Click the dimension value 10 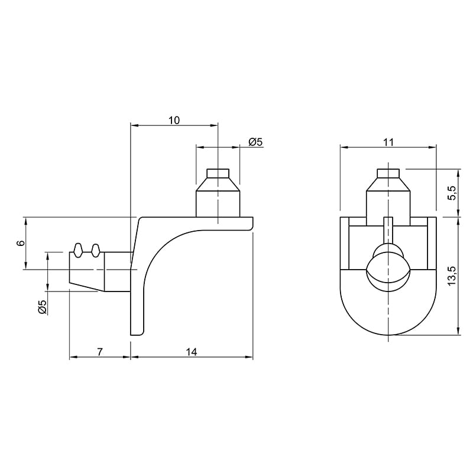[174, 121]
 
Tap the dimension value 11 [389, 142]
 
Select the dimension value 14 [192, 352]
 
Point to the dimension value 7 [100, 352]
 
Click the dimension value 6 [21, 243]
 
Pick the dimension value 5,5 [452, 193]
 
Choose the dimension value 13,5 [452, 276]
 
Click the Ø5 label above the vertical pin [256, 141]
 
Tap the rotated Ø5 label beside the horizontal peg [43, 307]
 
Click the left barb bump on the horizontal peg [78, 250]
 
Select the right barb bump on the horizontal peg [96, 250]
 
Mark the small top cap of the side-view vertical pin [218, 173]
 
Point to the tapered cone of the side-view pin [218, 184]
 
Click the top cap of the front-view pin [388, 173]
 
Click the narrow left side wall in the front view [345, 243]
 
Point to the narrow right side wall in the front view [432, 243]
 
